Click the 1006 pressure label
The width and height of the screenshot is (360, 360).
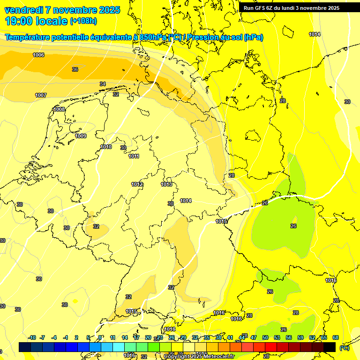point(38,55)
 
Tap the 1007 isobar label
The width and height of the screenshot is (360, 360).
point(41,95)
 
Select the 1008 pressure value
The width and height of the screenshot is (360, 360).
point(59,109)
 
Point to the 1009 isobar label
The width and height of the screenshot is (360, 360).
point(81,136)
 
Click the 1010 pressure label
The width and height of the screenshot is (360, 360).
point(106,147)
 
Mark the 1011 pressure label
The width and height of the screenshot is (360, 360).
point(134,156)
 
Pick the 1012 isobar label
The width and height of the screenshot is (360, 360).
point(137,184)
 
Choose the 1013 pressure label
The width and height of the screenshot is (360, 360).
point(166,184)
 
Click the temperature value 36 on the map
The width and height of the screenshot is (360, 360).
point(75,69)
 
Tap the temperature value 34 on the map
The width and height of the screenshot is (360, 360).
point(103,84)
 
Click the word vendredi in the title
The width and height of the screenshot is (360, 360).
point(23,10)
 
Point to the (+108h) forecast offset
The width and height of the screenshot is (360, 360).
point(83,21)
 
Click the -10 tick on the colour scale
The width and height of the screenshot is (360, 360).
point(32,337)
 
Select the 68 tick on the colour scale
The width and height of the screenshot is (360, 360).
point(336,337)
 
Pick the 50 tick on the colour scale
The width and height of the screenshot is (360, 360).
point(265,337)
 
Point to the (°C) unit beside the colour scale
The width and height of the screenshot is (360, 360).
point(345,347)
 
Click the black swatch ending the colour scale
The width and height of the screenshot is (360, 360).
point(330,347)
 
